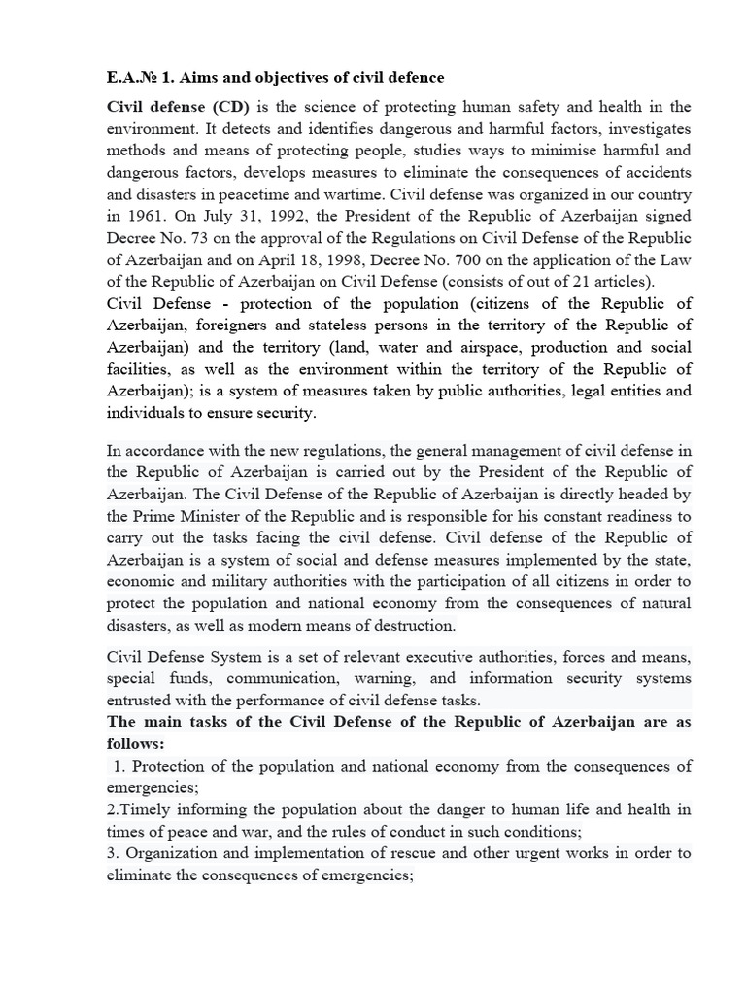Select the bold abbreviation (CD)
225,107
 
